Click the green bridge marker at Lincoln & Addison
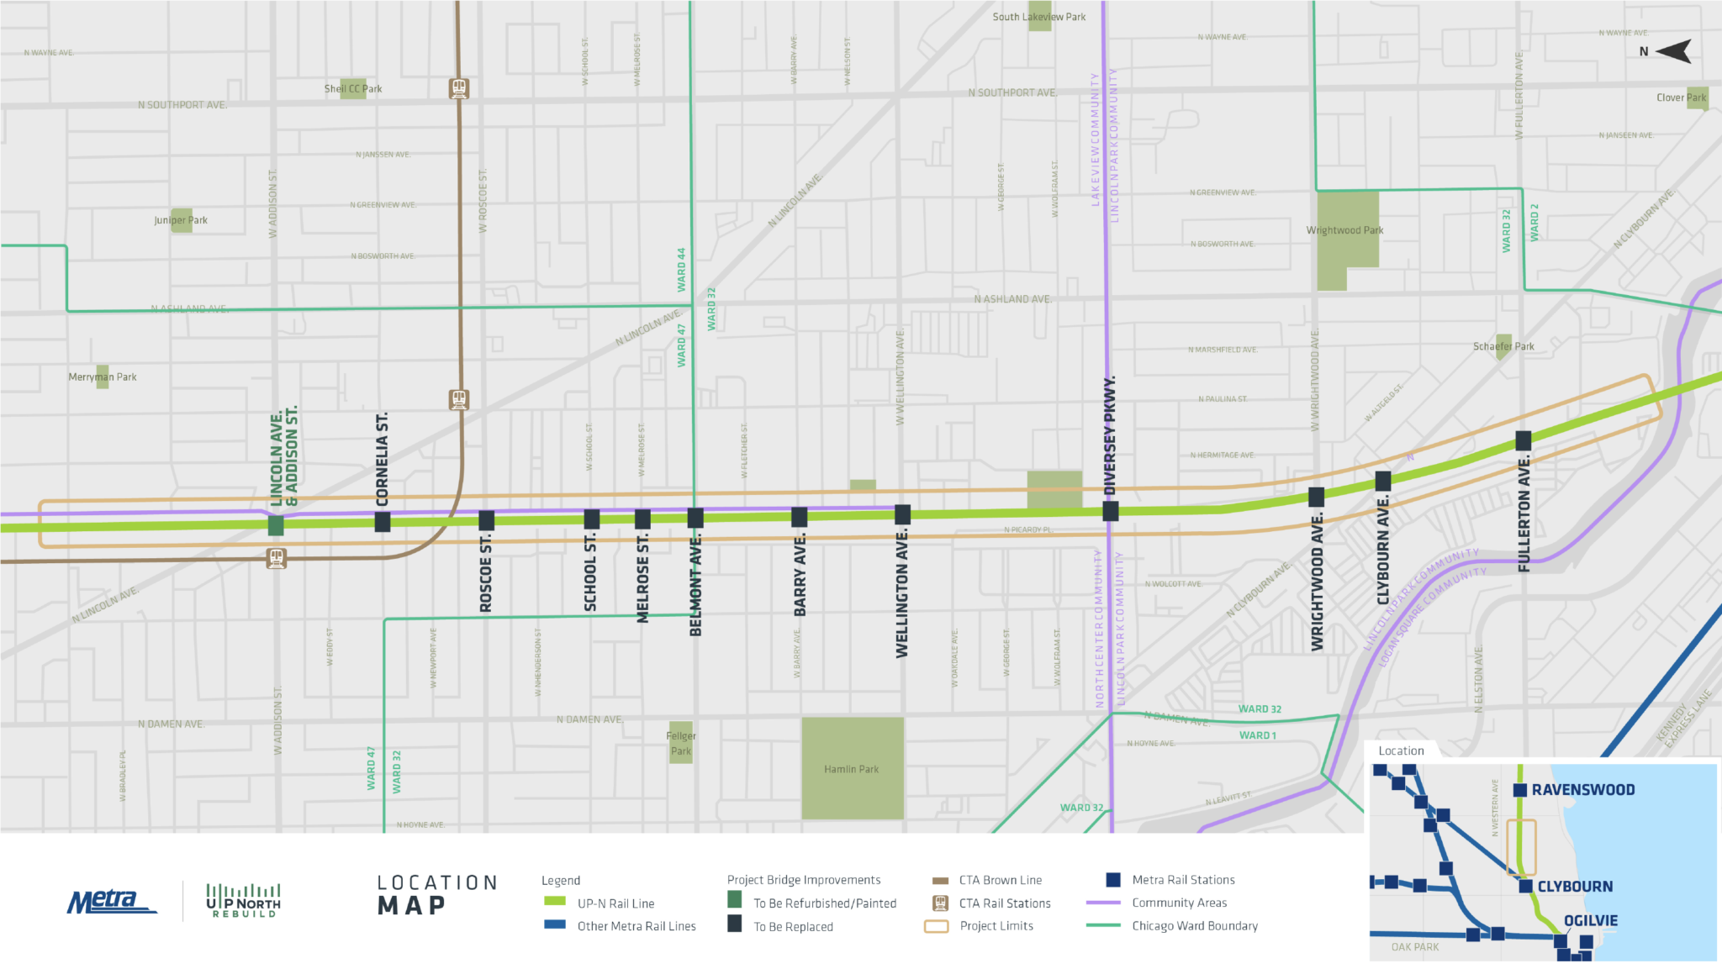pyautogui.click(x=275, y=525)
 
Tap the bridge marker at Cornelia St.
pyautogui.click(x=382, y=522)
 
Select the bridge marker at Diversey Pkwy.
pyautogui.click(x=1110, y=511)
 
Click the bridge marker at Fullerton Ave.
pyautogui.click(x=1523, y=440)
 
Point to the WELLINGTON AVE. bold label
pyautogui.click(x=902, y=593)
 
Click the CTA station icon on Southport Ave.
pyautogui.click(x=458, y=87)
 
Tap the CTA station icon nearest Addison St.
pyautogui.click(x=276, y=557)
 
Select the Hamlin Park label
pyautogui.click(x=851, y=769)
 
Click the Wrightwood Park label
pyautogui.click(x=1344, y=230)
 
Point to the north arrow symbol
pyautogui.click(x=1673, y=51)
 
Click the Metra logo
pyautogui.click(x=109, y=902)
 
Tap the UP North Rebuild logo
pyautogui.click(x=243, y=901)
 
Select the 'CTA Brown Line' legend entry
pyautogui.click(x=1000, y=880)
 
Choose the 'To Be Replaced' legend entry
pyautogui.click(x=792, y=926)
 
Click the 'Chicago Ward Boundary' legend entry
pyautogui.click(x=1194, y=925)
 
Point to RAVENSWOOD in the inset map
pyautogui.click(x=1582, y=790)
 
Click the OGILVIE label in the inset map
pyautogui.click(x=1590, y=920)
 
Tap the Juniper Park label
pyautogui.click(x=181, y=220)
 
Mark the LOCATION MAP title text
pyautogui.click(x=437, y=893)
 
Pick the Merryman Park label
pyautogui.click(x=103, y=377)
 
